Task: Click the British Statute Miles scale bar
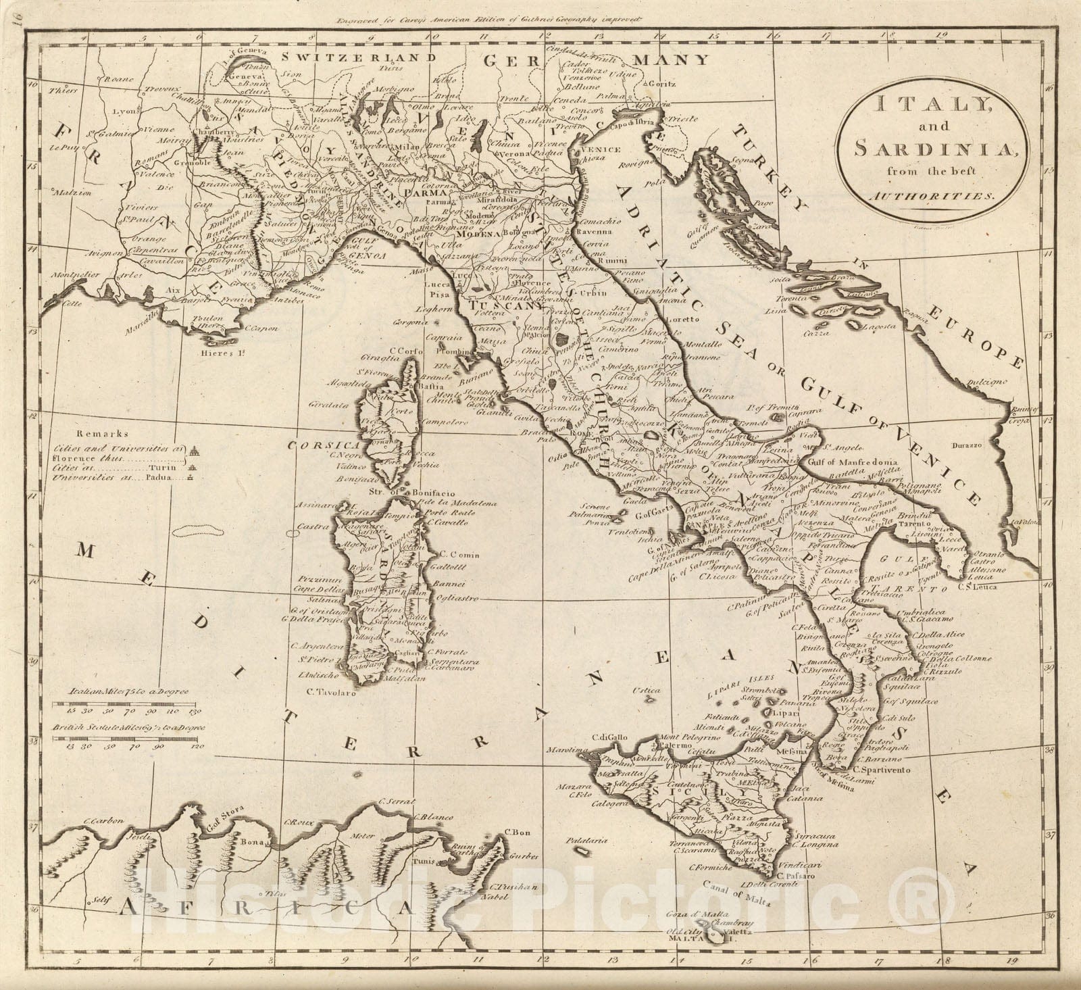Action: pyautogui.click(x=128, y=739)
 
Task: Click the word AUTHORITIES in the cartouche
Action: pyautogui.click(x=932, y=195)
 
